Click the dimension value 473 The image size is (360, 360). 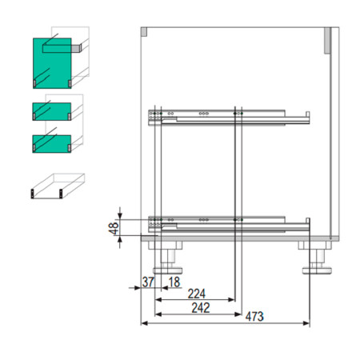coord(254,317)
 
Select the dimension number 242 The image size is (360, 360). coord(201,308)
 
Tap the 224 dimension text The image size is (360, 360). coord(197,294)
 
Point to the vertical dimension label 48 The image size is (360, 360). coord(114,228)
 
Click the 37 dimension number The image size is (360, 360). coord(148,282)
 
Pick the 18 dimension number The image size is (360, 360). coord(174,282)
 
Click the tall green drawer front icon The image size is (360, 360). coord(52,63)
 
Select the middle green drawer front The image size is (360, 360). coord(52,111)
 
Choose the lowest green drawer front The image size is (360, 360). coord(52,144)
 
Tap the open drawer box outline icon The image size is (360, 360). coord(58,186)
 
